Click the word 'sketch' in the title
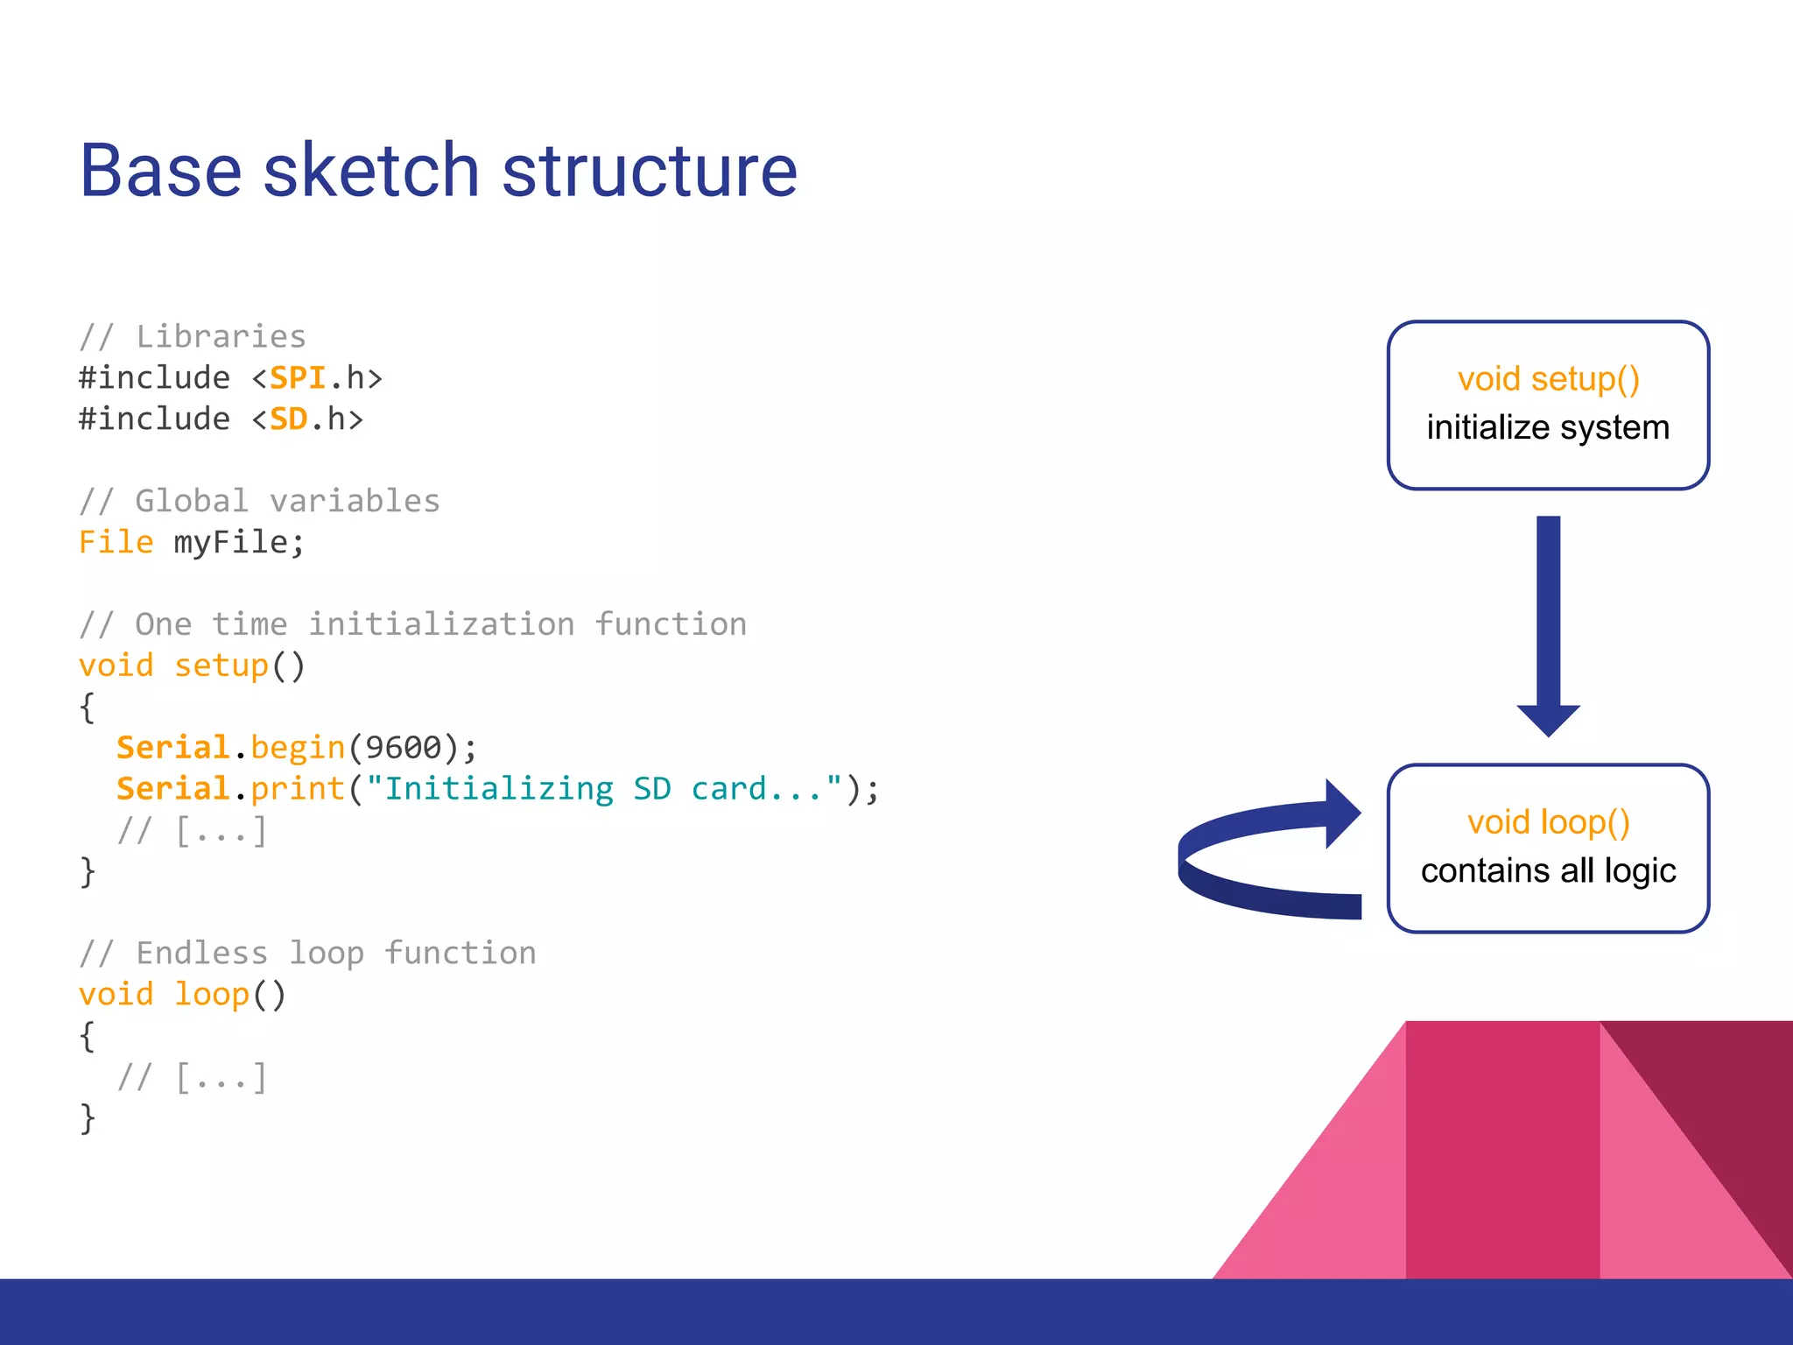(370, 171)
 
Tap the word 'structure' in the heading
(649, 171)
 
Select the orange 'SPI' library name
(297, 378)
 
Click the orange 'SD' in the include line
(288, 419)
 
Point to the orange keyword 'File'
(116, 542)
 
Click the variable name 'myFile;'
(239, 543)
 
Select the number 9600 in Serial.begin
(403, 748)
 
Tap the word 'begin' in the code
(298, 748)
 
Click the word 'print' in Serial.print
(298, 789)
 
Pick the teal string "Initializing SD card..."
(604, 789)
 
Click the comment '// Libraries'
(193, 336)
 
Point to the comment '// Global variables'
(259, 501)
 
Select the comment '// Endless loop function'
(307, 953)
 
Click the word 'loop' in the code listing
(212, 995)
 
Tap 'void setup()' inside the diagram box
(1548, 379)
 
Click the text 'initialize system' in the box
(1548, 428)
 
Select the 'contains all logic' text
(1548, 871)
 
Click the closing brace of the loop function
(87, 1118)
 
